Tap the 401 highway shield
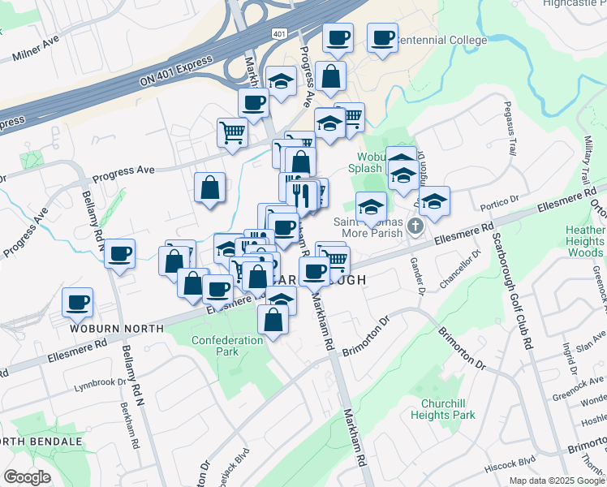point(278,33)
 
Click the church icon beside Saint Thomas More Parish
point(416,226)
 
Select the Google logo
point(27,477)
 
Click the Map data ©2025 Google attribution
point(556,481)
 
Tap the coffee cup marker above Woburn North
point(78,303)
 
